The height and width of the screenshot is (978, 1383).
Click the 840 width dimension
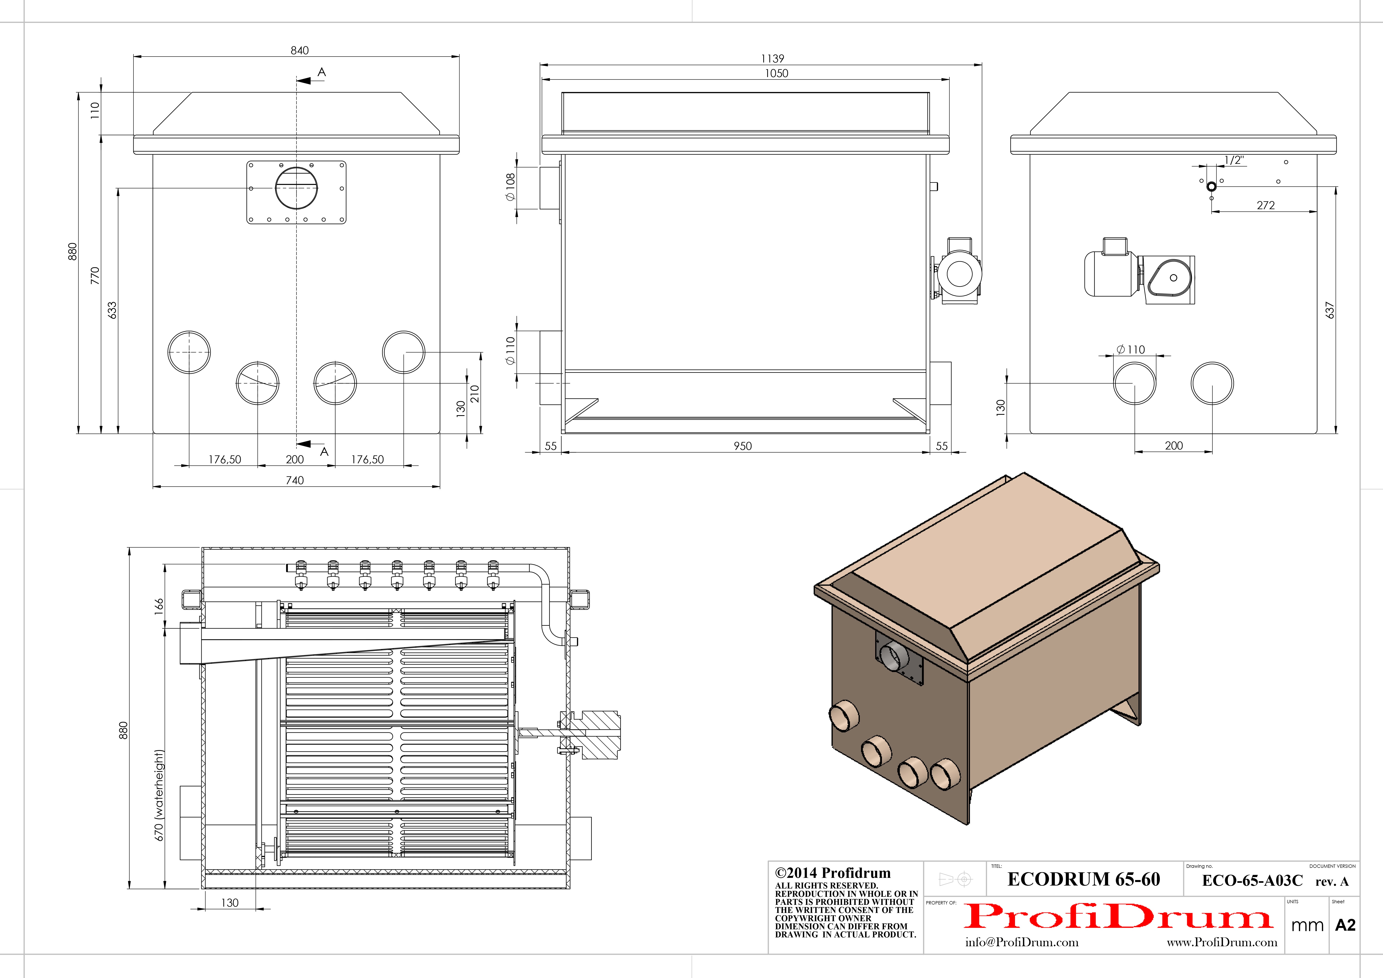pos(299,51)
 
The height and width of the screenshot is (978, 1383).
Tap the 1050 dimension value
pos(776,74)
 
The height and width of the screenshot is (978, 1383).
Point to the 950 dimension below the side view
pos(743,446)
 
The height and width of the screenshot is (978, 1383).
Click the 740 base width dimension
pos(294,480)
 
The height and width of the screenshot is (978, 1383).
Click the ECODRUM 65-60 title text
pos(1084,879)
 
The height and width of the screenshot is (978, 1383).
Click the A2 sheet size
pos(1345,925)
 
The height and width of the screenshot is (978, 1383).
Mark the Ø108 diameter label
pos(511,187)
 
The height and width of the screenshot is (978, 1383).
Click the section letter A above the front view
pos(322,72)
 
